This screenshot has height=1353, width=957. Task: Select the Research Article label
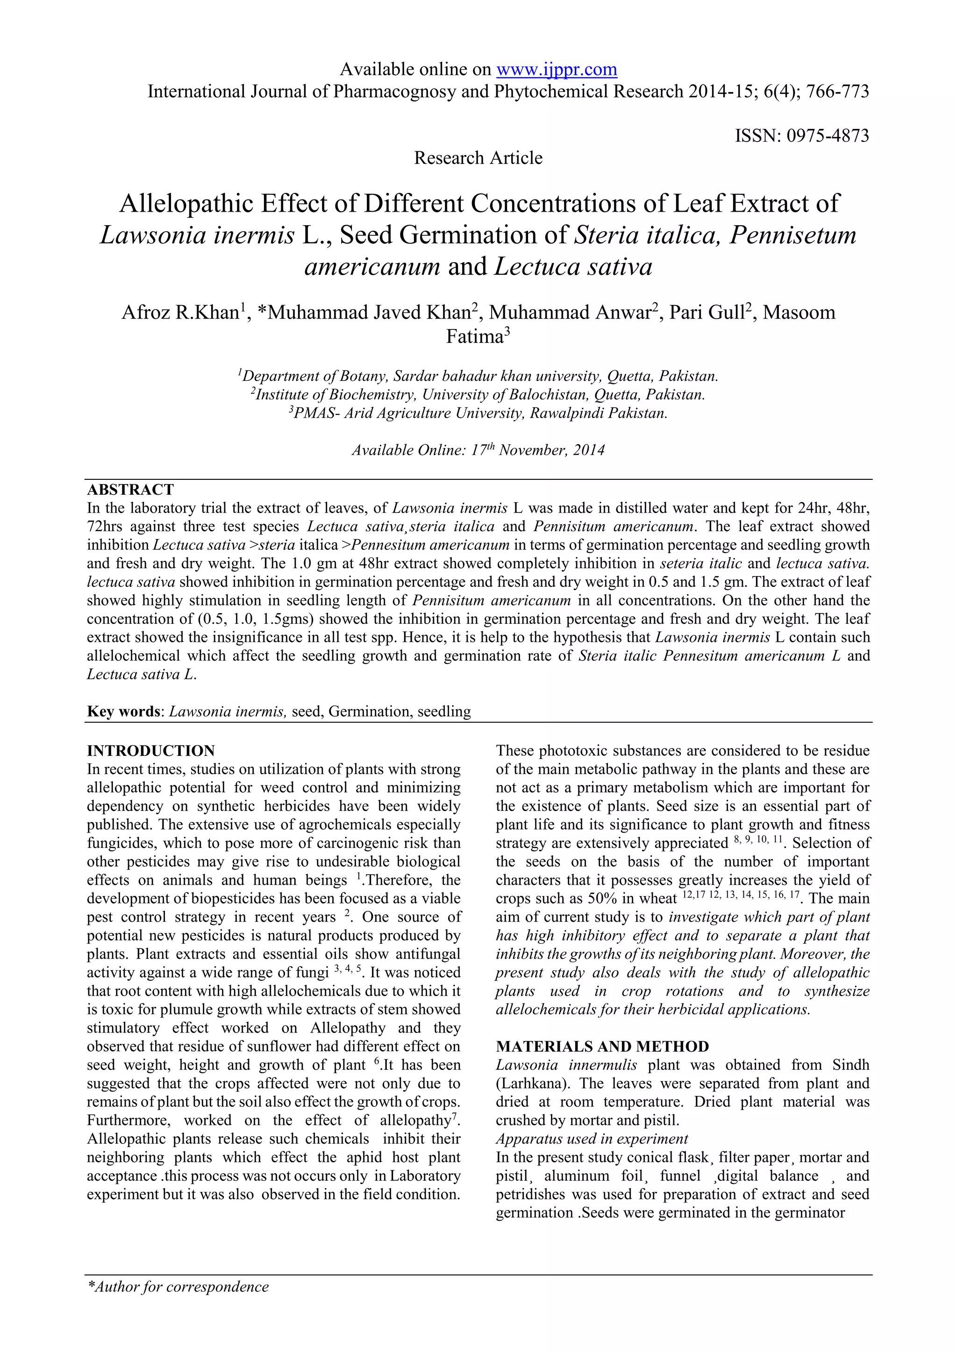[478, 158]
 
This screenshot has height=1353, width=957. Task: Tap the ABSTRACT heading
[130, 490]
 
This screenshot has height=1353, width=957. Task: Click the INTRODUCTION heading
[151, 751]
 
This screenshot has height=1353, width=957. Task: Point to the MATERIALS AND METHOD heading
[602, 1047]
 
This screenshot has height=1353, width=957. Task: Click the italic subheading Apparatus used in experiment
[592, 1139]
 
